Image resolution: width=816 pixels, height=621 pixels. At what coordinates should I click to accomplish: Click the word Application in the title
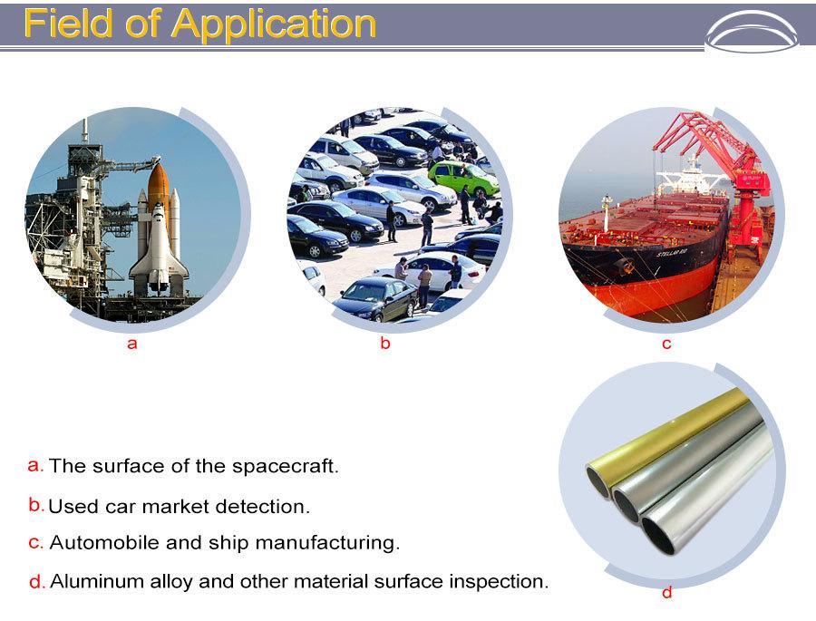(274, 24)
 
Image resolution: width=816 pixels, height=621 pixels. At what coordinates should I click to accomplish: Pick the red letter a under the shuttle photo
(132, 344)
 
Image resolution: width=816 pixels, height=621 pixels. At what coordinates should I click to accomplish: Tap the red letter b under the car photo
(385, 343)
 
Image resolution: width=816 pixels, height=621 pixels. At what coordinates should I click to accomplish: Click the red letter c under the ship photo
(666, 344)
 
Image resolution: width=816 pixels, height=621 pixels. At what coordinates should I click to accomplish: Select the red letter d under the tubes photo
(666, 592)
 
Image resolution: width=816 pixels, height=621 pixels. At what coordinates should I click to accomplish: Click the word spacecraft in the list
(286, 466)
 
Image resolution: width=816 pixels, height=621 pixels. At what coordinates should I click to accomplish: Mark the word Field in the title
(68, 24)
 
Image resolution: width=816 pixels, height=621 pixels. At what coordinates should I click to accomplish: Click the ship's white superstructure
(690, 177)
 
